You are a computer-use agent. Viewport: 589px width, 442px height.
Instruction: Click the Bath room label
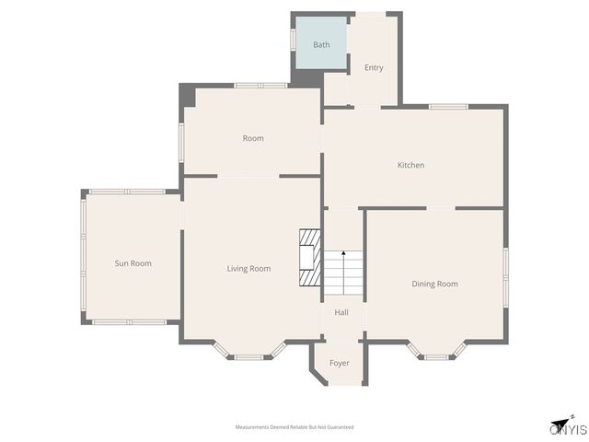[321, 44]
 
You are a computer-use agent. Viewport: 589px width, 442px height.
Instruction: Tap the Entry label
[374, 68]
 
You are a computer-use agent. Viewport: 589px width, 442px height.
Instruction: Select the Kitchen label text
[410, 165]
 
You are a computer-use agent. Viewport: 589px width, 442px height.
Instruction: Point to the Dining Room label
[434, 284]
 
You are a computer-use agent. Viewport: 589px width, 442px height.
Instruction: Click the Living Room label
[248, 269]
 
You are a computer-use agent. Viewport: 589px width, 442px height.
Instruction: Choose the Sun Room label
[133, 263]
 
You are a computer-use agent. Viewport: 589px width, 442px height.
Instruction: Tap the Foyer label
[340, 363]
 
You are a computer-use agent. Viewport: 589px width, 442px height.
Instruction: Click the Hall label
[341, 312]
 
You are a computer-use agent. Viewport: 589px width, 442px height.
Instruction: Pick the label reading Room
[253, 138]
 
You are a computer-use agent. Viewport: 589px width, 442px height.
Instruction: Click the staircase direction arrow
[343, 267]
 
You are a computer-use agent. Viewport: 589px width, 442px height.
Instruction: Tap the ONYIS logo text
[568, 429]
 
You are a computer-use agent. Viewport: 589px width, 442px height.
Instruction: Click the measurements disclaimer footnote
[294, 427]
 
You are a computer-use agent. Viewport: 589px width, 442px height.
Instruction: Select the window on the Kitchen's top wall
[449, 107]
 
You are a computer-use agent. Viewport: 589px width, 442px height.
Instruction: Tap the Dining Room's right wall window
[505, 274]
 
